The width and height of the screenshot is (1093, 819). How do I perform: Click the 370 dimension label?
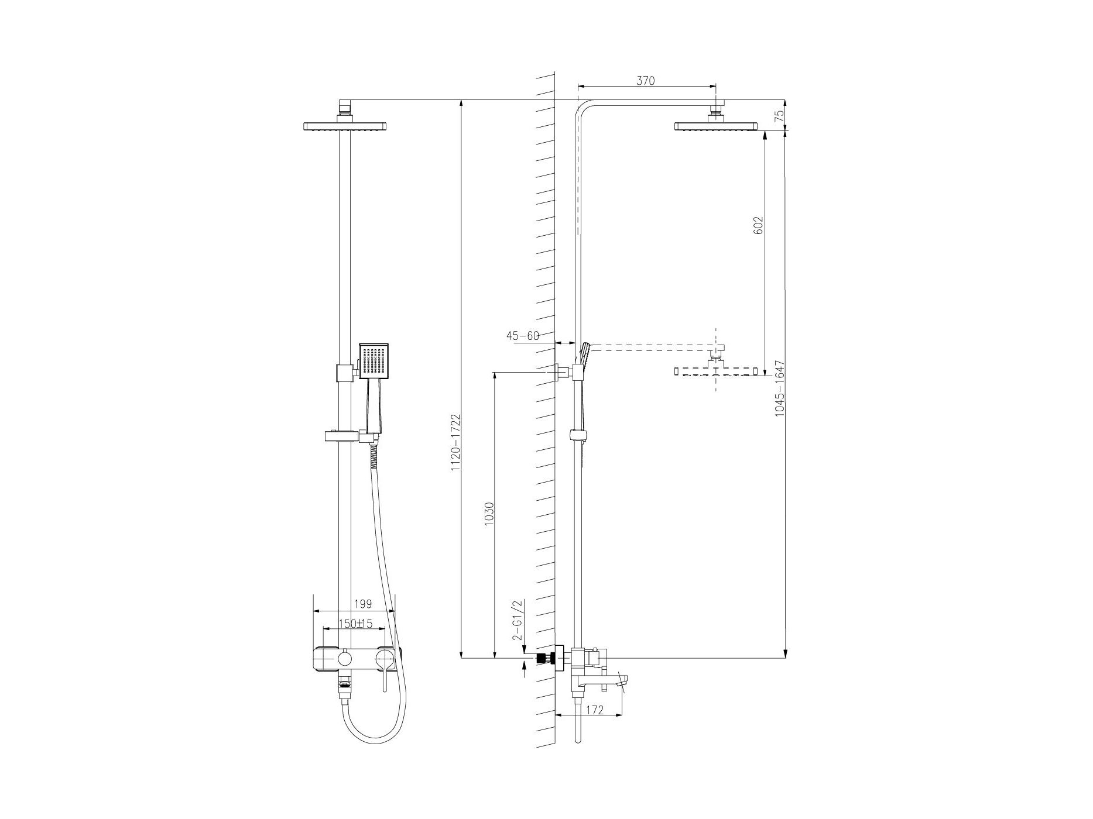tap(645, 81)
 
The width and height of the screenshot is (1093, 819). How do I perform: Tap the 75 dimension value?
tap(778, 115)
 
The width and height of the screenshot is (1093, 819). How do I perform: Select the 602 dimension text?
tap(759, 225)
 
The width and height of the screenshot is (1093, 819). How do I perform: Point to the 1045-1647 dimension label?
tap(779, 388)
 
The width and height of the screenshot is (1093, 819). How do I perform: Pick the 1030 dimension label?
tap(490, 512)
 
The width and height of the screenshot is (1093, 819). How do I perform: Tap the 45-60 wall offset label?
tap(522, 336)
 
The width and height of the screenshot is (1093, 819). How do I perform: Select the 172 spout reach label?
tap(594, 710)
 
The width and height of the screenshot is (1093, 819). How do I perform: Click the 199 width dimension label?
tap(363, 604)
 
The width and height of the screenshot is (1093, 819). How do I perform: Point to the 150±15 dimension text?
tap(356, 624)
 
